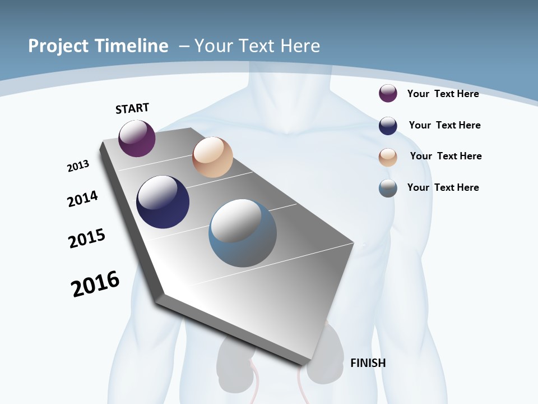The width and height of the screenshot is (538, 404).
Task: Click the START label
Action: coord(132,108)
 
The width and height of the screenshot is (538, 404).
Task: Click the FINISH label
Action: coord(368,363)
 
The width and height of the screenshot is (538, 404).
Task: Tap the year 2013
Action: coord(78,166)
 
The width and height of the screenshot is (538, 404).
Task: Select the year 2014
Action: coord(82,199)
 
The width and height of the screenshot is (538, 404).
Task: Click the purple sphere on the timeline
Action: coord(137,139)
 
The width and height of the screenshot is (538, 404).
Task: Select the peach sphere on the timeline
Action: coord(212,157)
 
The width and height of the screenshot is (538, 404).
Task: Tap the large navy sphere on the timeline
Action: coord(163,202)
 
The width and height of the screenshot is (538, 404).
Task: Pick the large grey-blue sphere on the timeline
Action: coord(243,233)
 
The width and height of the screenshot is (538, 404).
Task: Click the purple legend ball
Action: coord(388,94)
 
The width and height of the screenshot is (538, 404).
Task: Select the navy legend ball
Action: coord(388,126)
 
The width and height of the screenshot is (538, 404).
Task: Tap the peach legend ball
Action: coord(388,157)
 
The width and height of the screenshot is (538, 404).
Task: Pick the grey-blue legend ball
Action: coord(388,188)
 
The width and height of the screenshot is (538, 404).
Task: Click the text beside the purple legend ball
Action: coord(443,94)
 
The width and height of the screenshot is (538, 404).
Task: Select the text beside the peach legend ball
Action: coord(446,156)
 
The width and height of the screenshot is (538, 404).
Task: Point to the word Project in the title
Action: coord(58,46)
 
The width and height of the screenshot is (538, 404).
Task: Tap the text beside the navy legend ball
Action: coord(444,125)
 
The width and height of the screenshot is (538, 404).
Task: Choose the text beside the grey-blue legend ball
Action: coord(443,187)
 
